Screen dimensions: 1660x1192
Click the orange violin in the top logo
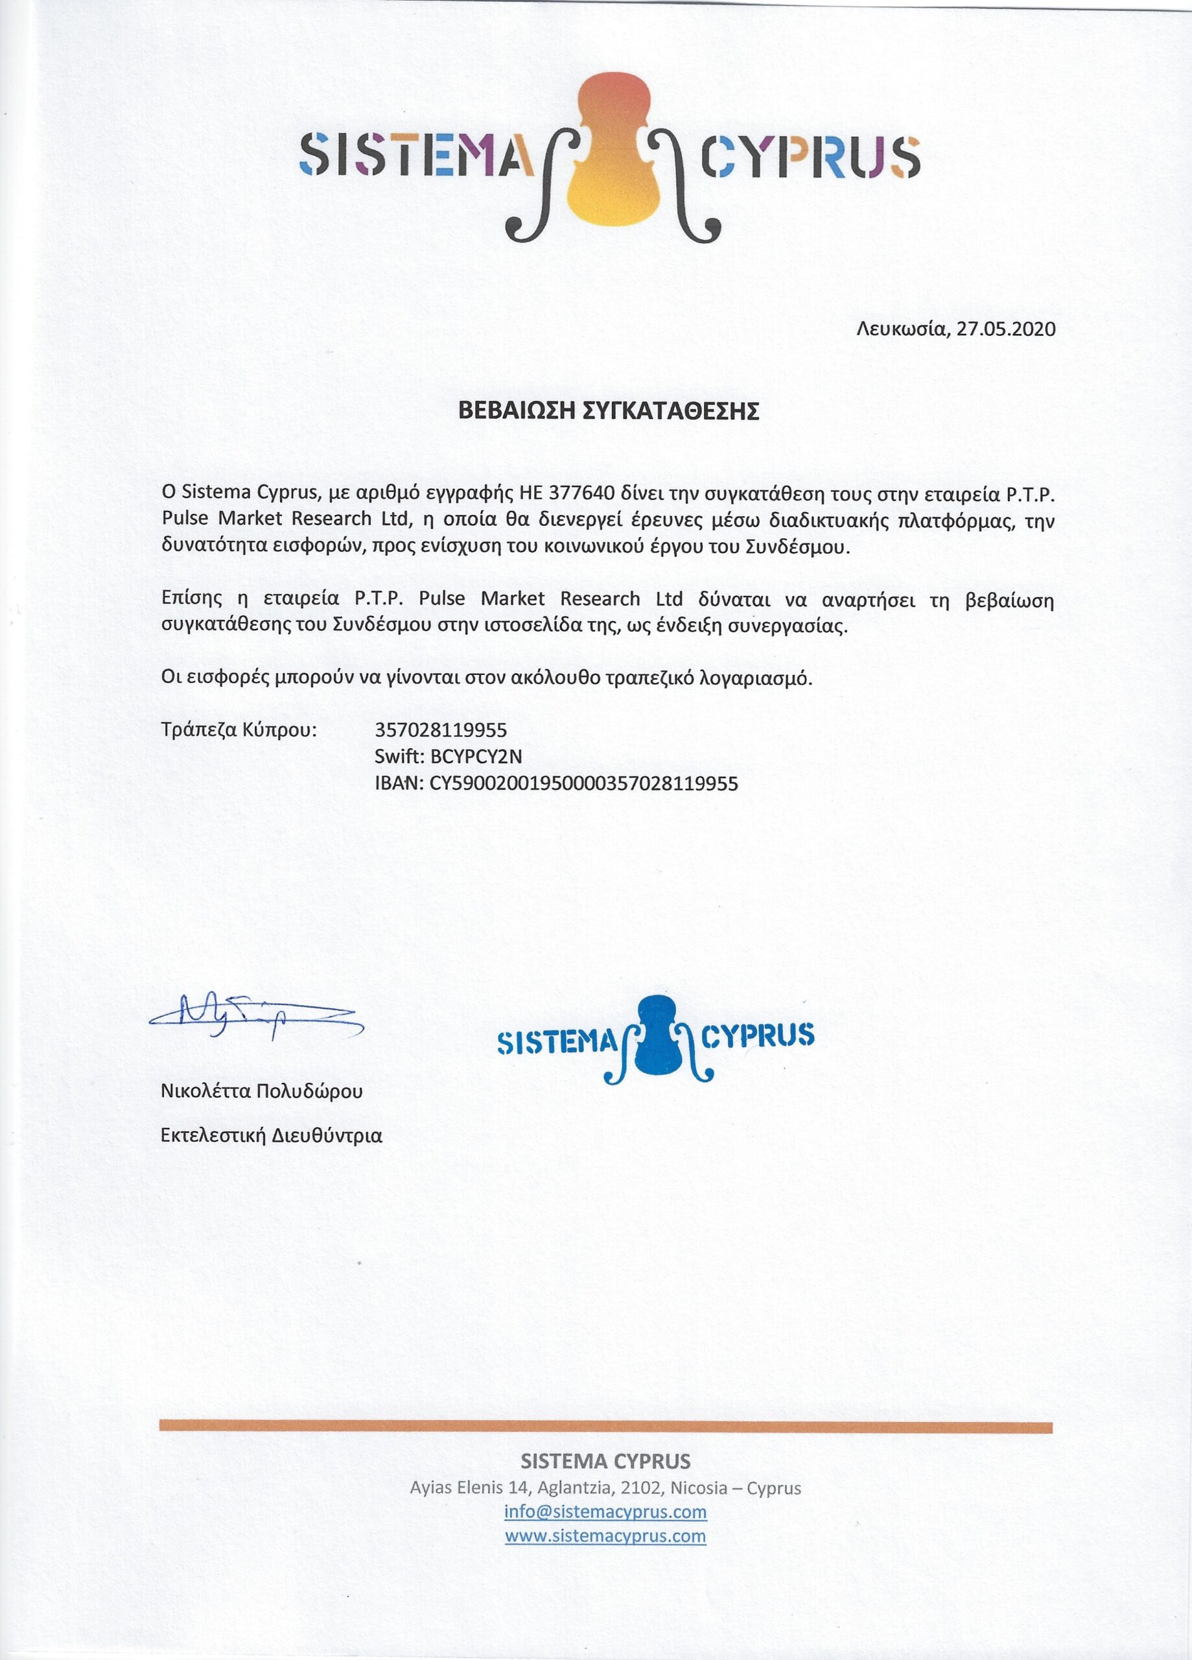[613, 154]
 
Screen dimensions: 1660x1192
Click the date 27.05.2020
[1006, 329]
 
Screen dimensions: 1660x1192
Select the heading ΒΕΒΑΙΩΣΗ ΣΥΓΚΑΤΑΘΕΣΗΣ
[609, 410]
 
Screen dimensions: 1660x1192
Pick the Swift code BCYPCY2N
[476, 757]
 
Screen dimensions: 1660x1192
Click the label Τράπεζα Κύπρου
[239, 730]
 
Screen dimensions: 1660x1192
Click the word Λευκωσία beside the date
[903, 329]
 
